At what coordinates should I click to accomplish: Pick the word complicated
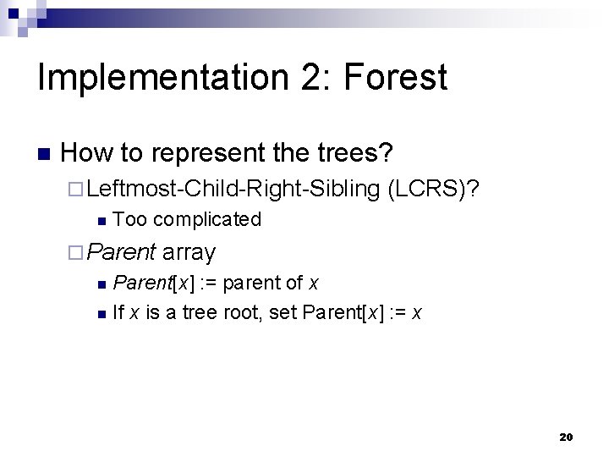click(x=207, y=219)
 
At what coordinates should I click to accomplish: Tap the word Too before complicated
click(x=129, y=219)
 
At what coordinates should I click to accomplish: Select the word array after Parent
click(x=189, y=251)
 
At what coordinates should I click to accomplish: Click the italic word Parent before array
click(x=122, y=251)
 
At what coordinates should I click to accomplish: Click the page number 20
click(x=566, y=438)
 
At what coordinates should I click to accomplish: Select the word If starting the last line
click(x=118, y=313)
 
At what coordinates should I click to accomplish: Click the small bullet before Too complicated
click(x=101, y=221)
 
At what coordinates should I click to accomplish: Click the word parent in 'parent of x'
click(x=250, y=282)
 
